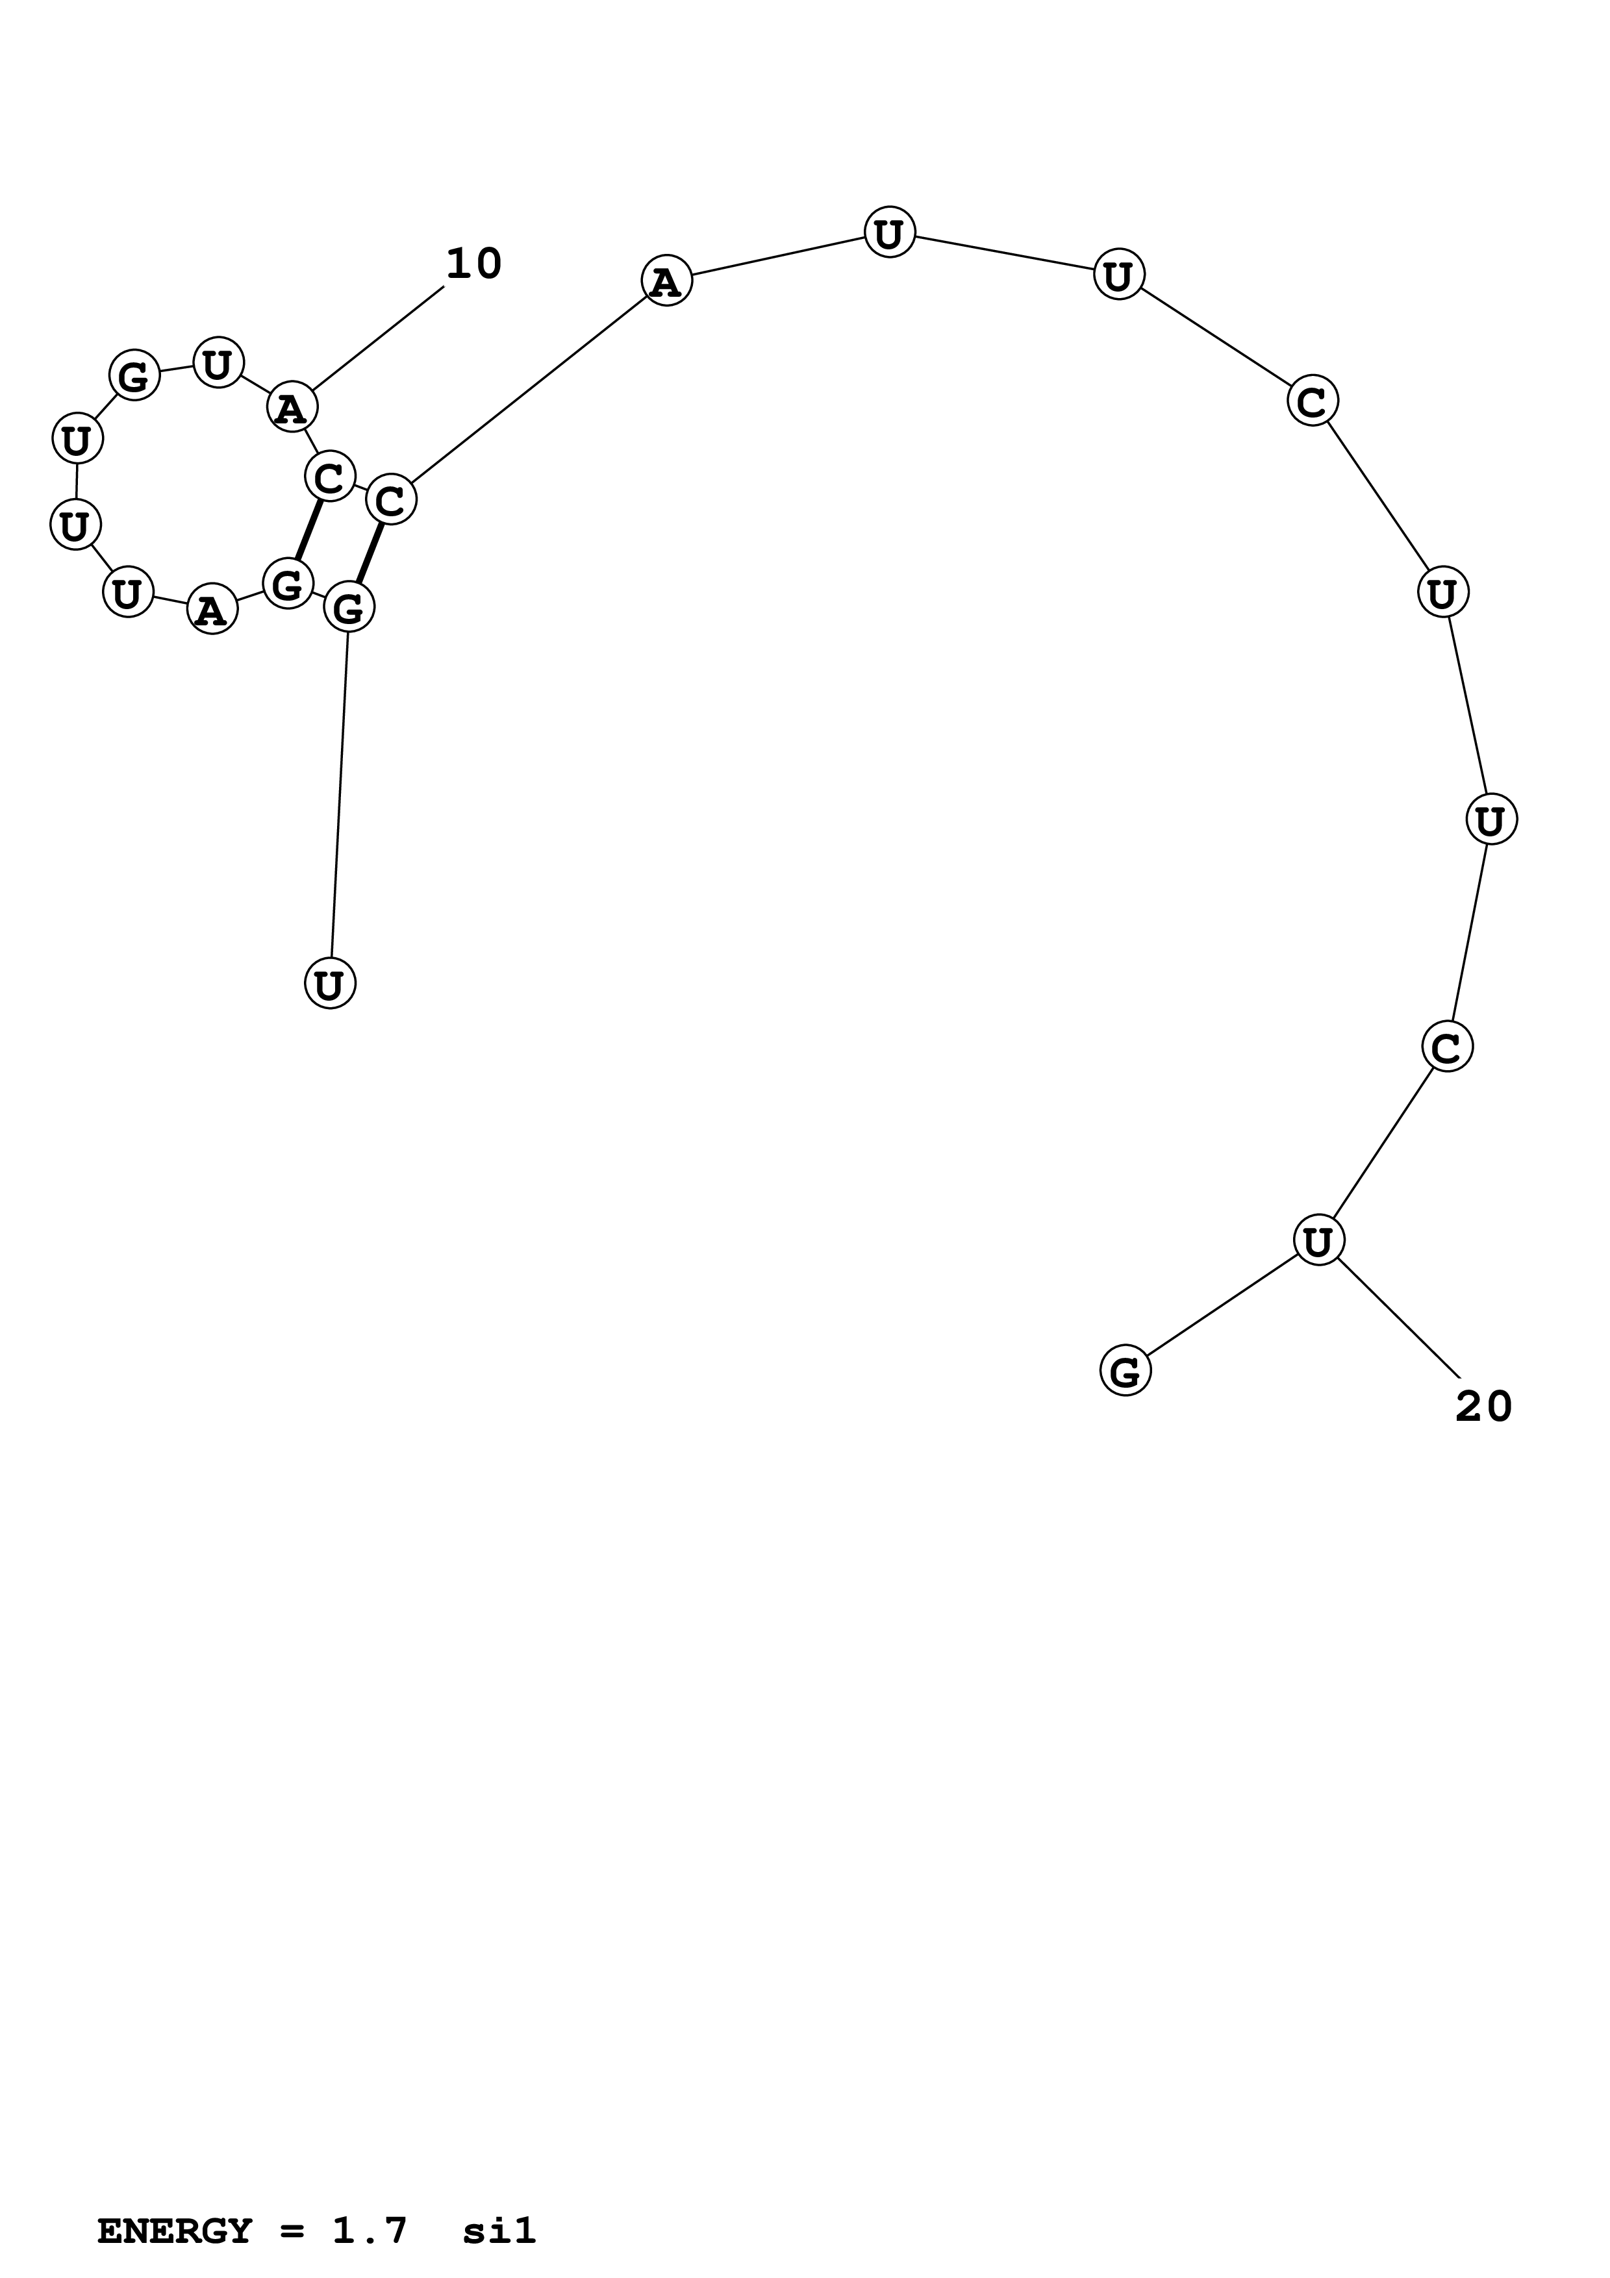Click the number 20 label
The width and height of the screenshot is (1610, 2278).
click(x=1483, y=1407)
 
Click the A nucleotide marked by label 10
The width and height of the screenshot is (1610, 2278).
click(x=292, y=407)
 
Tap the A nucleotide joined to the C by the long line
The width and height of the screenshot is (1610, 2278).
click(x=666, y=282)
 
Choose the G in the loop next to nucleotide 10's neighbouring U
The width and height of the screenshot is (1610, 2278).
click(x=134, y=376)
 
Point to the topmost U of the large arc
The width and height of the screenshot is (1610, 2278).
click(x=889, y=233)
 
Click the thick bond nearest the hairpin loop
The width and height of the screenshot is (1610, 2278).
click(x=310, y=530)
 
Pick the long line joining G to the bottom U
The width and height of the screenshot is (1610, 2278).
click(x=339, y=794)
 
